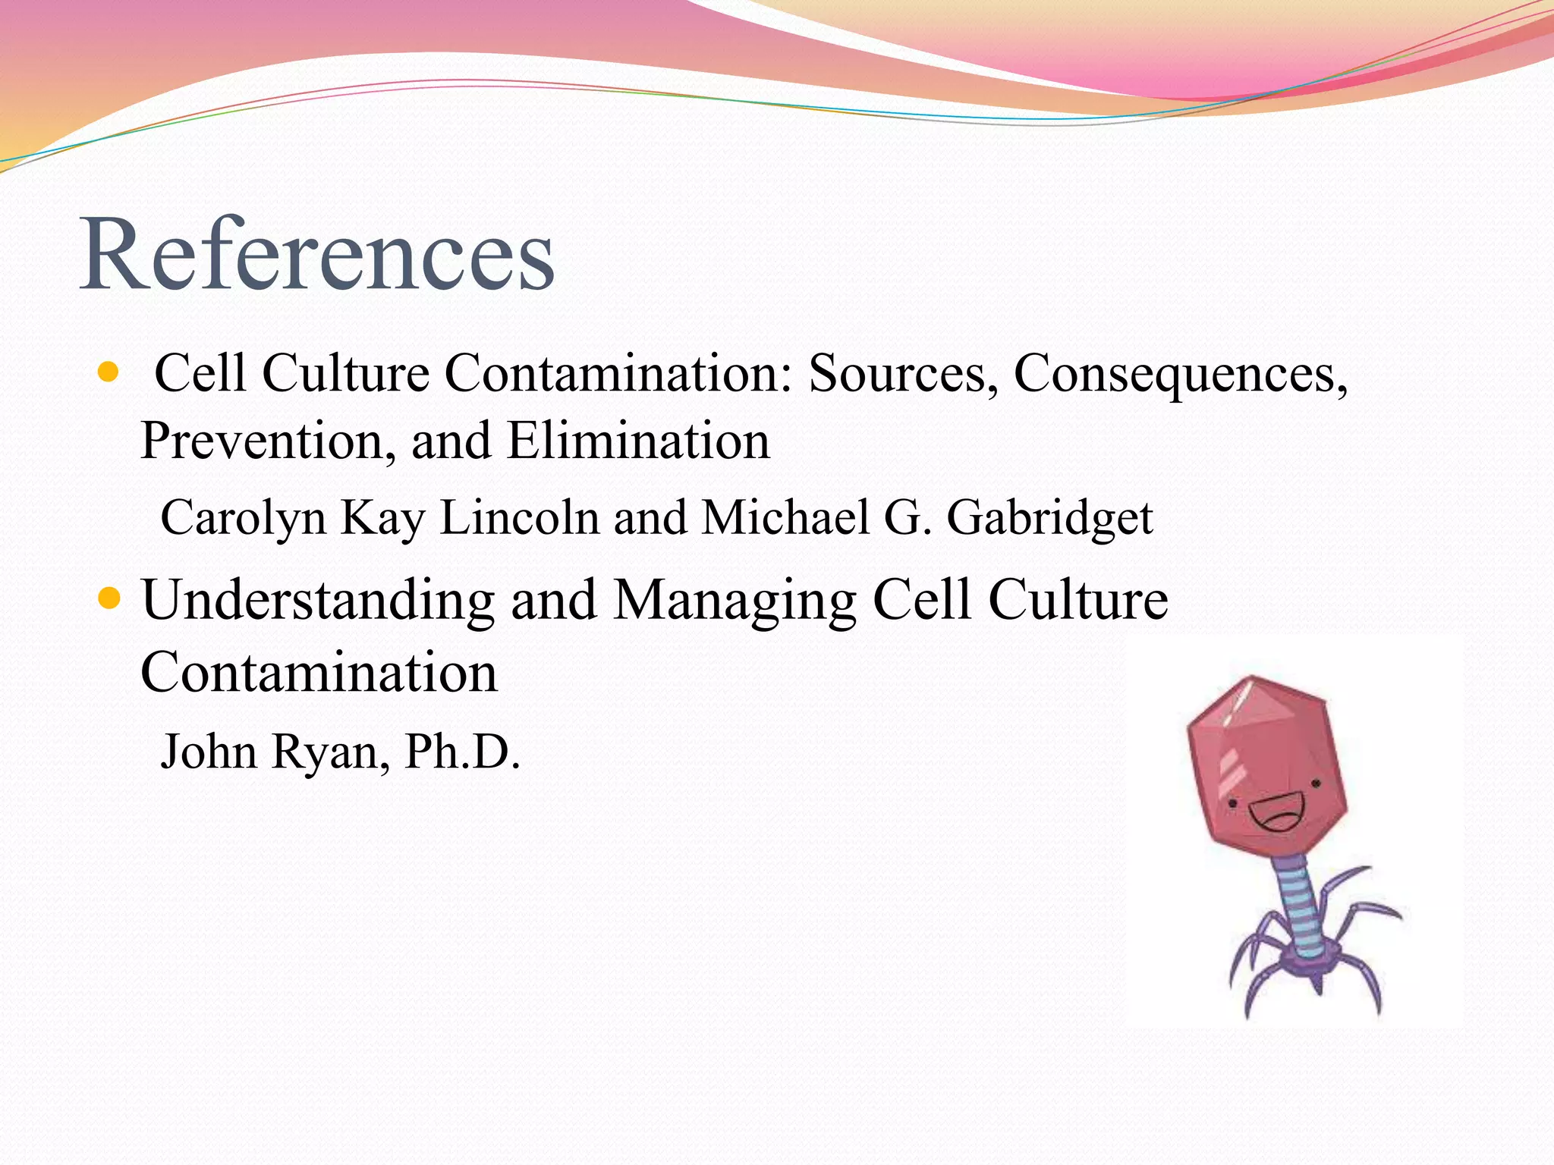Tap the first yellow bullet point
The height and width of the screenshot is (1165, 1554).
[x=109, y=372]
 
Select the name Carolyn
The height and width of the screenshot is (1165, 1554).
[x=243, y=519]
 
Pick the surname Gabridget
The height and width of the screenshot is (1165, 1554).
[x=1049, y=519]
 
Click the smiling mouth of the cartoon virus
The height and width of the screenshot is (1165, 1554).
[x=1278, y=813]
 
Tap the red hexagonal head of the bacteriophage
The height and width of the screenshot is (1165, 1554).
[x=1260, y=751]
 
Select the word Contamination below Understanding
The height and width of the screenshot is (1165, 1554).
[x=319, y=673]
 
